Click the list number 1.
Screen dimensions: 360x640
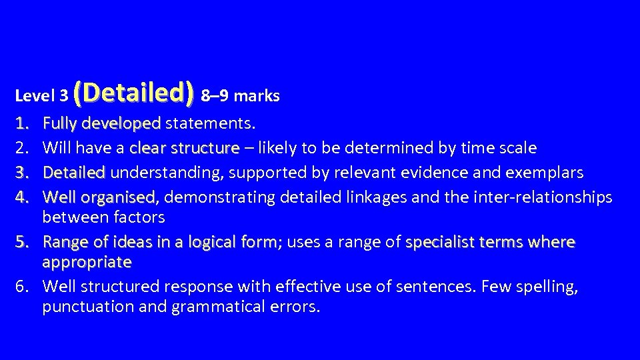(x=23, y=123)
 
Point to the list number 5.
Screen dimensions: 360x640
(x=23, y=242)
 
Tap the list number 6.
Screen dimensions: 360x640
(x=23, y=287)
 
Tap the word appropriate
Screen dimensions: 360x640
(x=87, y=262)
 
